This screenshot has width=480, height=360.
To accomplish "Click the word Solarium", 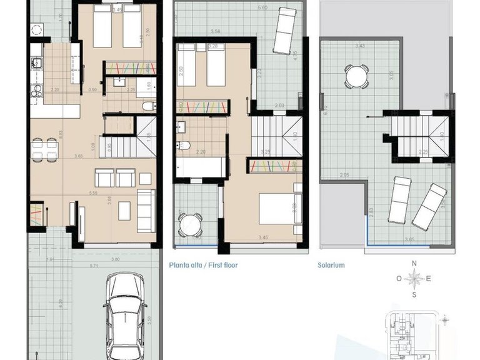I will (331, 265).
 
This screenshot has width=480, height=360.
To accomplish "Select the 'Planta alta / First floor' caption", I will (203, 265).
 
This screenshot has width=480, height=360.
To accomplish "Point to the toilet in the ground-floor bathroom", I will (146, 107).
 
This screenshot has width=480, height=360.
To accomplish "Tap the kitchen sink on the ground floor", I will (35, 62).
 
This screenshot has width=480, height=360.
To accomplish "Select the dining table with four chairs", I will (44, 148).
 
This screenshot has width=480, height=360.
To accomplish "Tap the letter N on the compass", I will (413, 264).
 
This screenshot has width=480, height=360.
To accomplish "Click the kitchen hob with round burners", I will (35, 29).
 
